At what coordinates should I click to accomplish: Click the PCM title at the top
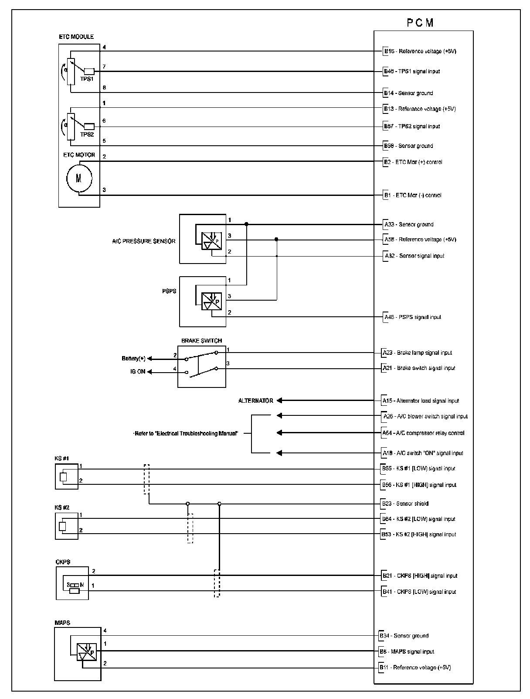pyautogui.click(x=421, y=23)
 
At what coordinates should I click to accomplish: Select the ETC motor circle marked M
pyautogui.click(x=79, y=178)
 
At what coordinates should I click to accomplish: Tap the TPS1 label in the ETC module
pyautogui.click(x=87, y=79)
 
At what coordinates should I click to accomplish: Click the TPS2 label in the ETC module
pyautogui.click(x=87, y=134)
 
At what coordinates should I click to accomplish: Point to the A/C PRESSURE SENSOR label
pyautogui.click(x=143, y=241)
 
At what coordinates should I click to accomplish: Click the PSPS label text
pyautogui.click(x=169, y=291)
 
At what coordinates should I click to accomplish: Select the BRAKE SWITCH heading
pyautogui.click(x=201, y=341)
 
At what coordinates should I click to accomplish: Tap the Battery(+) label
pyautogui.click(x=133, y=359)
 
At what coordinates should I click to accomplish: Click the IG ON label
pyautogui.click(x=138, y=372)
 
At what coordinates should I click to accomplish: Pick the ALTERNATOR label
pyautogui.click(x=255, y=401)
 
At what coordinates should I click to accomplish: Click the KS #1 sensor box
pyautogui.click(x=67, y=476)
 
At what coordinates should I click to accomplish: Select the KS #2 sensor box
pyautogui.click(x=67, y=526)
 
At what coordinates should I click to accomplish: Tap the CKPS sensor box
pyautogui.click(x=72, y=583)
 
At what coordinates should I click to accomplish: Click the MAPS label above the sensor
pyautogui.click(x=62, y=623)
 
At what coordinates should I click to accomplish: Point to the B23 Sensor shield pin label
pyautogui.click(x=405, y=504)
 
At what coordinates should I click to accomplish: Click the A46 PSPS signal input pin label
pyautogui.click(x=412, y=317)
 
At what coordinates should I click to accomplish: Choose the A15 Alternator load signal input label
pyautogui.click(x=421, y=401)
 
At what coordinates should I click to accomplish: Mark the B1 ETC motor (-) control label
pyautogui.click(x=412, y=195)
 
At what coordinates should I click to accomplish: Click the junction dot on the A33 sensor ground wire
pyautogui.click(x=247, y=224)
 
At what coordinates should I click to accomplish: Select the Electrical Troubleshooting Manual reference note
pyautogui.click(x=186, y=434)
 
